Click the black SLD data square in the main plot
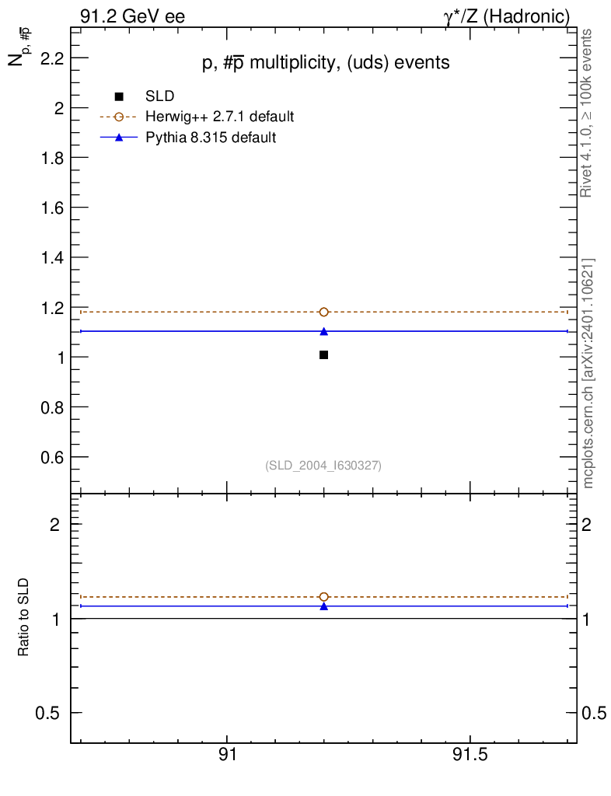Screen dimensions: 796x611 [x=323, y=354]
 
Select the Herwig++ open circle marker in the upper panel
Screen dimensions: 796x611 [x=323, y=312]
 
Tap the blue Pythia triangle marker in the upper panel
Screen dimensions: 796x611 [x=323, y=331]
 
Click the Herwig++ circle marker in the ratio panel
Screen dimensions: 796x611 [x=323, y=597]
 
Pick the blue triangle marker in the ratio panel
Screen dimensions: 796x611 [x=323, y=606]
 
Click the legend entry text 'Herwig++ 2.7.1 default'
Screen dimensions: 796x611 [x=219, y=117]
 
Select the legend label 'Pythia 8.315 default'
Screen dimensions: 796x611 [x=211, y=138]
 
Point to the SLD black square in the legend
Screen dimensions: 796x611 [x=119, y=96]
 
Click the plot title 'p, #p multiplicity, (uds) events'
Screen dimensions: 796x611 [x=326, y=63]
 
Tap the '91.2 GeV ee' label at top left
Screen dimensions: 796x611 [x=132, y=16]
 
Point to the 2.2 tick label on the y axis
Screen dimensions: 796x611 [x=47, y=58]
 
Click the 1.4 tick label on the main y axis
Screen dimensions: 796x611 [x=47, y=257]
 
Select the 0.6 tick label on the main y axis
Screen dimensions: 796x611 [x=47, y=457]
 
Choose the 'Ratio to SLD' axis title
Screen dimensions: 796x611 [x=23, y=617]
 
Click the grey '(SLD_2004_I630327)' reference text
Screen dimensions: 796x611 [x=323, y=465]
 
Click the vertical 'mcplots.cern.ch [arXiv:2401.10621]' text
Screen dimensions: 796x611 [x=588, y=373]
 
